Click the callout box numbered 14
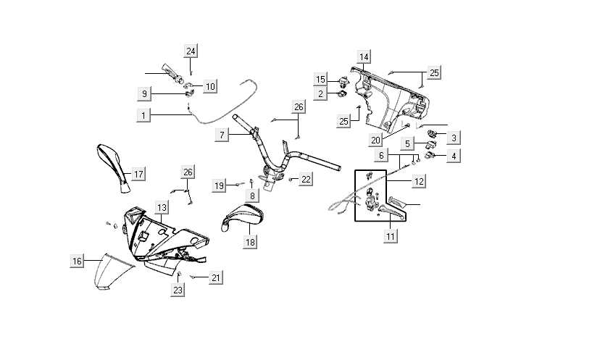coord(364,57)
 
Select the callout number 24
coord(191,51)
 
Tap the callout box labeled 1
coord(143,114)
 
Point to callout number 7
coord(222,135)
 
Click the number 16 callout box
coord(76,261)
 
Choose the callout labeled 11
coord(391,236)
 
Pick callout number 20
coord(375,140)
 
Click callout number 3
coord(454,138)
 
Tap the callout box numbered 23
coord(178,290)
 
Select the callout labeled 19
coord(219,186)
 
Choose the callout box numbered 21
coord(216,277)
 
